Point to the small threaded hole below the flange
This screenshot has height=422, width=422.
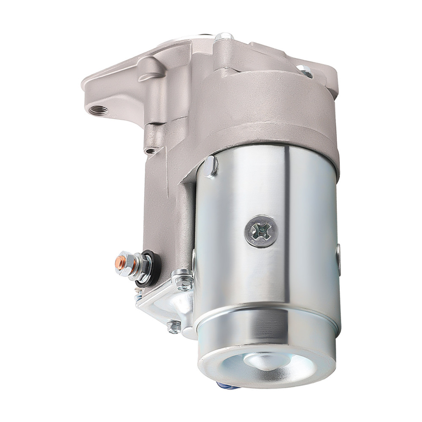tap(150, 150)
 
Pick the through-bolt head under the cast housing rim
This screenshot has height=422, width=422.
tap(210, 167)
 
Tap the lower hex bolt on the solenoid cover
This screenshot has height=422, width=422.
tap(173, 326)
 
